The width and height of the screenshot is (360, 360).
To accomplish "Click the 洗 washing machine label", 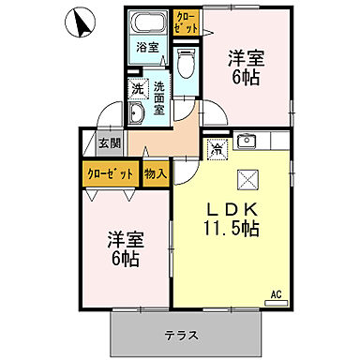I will pos(137,90).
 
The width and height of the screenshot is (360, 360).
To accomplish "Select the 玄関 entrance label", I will pos(110,143).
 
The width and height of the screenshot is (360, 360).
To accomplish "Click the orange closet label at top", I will pos(185,21).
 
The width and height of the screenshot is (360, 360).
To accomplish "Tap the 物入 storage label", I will pos(155,173).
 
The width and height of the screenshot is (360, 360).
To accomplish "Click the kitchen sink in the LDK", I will pos(247,142).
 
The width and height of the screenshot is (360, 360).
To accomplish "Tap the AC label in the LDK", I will pos(276,294).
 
